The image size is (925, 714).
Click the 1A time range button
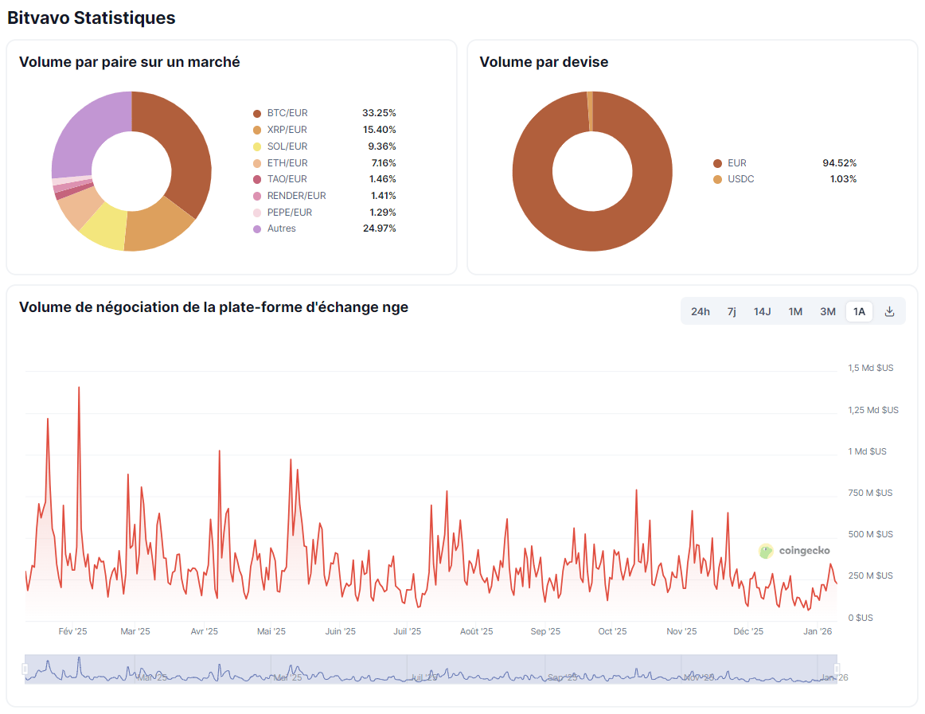pyautogui.click(x=859, y=311)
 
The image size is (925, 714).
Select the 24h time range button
pyautogui.click(x=700, y=311)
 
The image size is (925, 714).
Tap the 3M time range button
pyautogui.click(x=827, y=311)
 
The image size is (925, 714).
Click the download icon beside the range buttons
pyautogui.click(x=890, y=311)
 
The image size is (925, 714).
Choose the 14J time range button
pyautogui.click(x=762, y=311)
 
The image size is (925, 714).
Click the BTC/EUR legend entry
pyautogui.click(x=287, y=113)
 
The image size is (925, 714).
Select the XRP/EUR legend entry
pyautogui.click(x=287, y=130)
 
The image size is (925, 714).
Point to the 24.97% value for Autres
pyautogui.click(x=379, y=228)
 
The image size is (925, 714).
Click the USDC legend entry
pyautogui.click(x=740, y=179)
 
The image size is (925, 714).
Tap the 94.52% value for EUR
pyautogui.click(x=839, y=163)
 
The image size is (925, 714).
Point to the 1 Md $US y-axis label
pyautogui.click(x=867, y=451)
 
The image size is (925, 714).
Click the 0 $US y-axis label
pyautogui.click(x=860, y=618)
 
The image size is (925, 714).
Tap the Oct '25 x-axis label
pyautogui.click(x=611, y=631)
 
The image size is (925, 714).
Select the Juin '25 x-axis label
pyautogui.click(x=340, y=631)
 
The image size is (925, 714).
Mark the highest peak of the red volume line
pyautogui.click(x=79, y=388)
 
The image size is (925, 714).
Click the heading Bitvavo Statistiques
pyautogui.click(x=92, y=18)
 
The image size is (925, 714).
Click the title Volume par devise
pyautogui.click(x=544, y=62)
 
